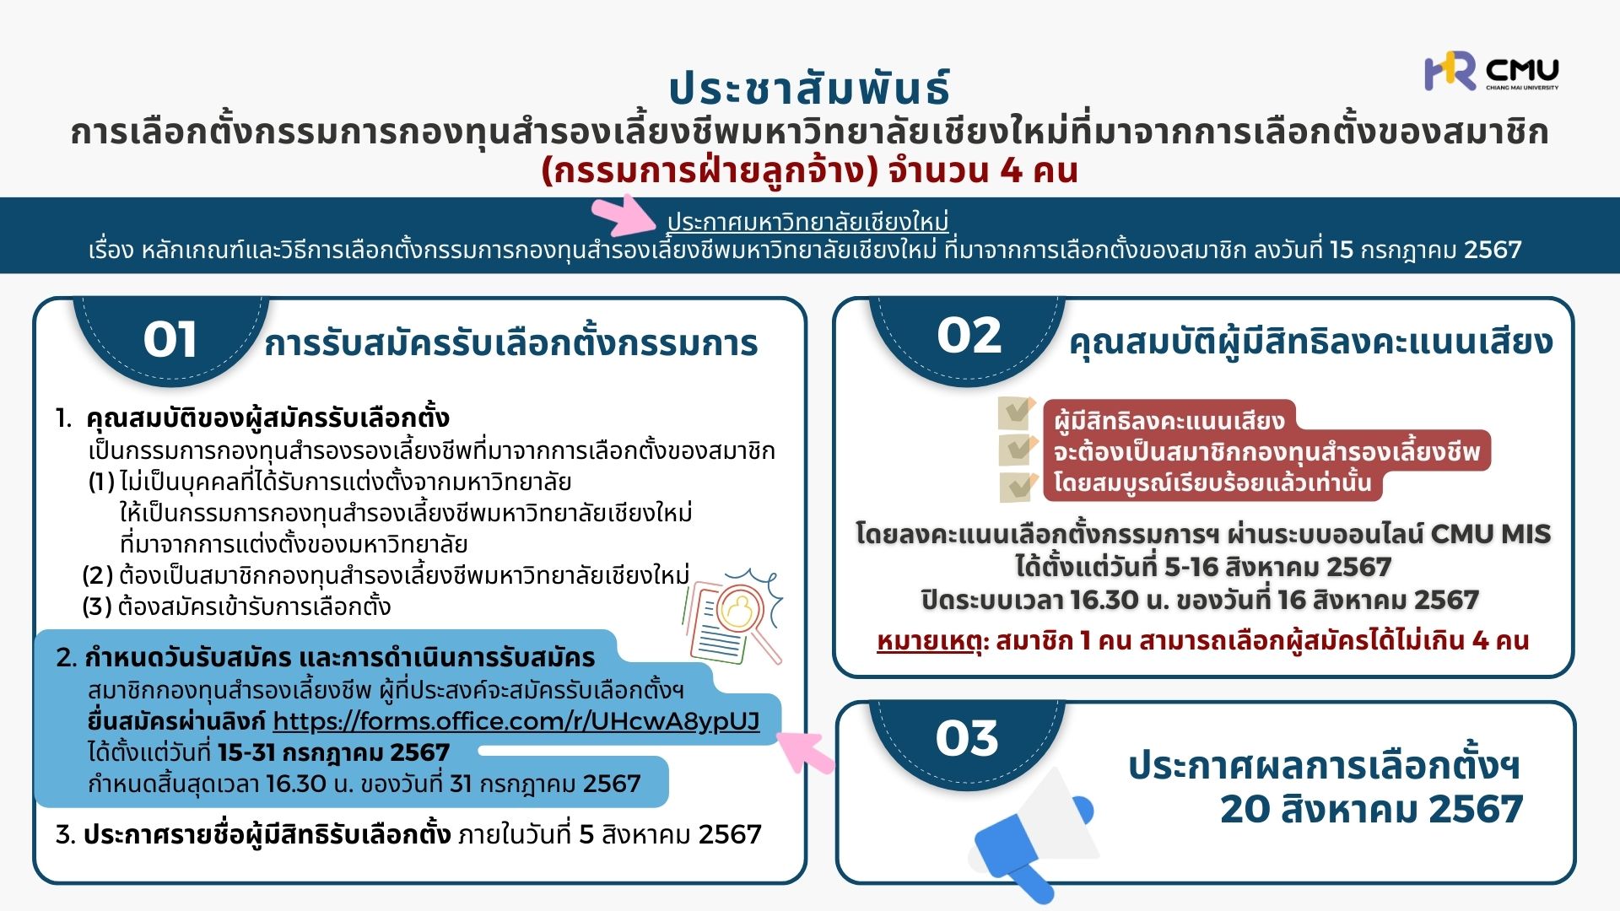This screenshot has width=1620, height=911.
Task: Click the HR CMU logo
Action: (1491, 71)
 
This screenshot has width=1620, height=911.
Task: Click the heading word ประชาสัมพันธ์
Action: (810, 87)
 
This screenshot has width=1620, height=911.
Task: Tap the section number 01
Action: (170, 340)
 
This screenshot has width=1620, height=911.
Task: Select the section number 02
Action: (969, 336)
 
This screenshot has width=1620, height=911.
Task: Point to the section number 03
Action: (967, 738)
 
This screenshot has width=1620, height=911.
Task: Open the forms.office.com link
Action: (516, 721)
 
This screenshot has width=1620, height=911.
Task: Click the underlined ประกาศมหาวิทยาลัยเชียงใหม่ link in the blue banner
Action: (807, 221)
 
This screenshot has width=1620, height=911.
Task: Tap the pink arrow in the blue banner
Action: (626, 216)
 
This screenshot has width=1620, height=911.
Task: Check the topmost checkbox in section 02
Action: (1018, 412)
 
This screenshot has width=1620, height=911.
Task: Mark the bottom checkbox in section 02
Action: (1018, 486)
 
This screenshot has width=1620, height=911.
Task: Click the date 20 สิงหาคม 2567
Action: (1371, 809)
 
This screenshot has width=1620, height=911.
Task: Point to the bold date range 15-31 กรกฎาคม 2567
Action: (333, 752)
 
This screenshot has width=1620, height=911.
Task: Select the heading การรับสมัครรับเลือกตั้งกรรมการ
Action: (511, 343)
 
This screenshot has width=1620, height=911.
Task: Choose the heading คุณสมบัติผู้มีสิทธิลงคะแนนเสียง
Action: (1310, 342)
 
